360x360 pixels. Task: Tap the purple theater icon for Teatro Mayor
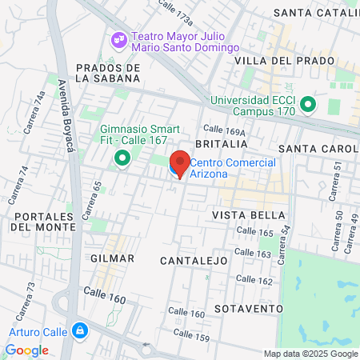(119, 38)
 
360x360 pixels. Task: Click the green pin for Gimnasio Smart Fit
(122, 158)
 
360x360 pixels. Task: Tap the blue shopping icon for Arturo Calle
(79, 330)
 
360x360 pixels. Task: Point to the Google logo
(26, 350)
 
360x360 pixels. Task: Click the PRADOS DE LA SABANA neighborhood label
(107, 73)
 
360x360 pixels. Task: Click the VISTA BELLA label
(249, 215)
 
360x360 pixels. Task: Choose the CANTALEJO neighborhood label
(194, 261)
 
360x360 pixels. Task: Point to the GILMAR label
(106, 259)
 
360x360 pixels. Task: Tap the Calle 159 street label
(191, 336)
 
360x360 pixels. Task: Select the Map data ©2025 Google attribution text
(311, 354)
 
